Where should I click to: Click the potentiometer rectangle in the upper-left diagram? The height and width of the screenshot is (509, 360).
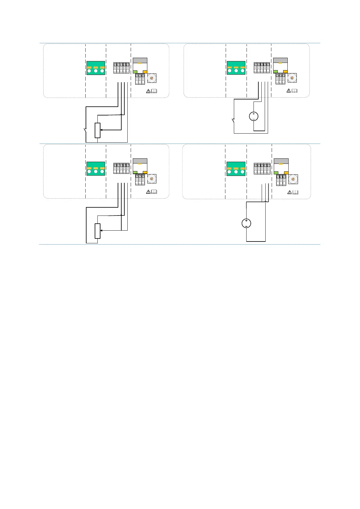97,130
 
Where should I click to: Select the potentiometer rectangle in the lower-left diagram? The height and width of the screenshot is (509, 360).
97,231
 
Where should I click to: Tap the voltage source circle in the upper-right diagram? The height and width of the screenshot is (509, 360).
254,116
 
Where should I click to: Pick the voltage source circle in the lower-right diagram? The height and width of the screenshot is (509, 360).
246,223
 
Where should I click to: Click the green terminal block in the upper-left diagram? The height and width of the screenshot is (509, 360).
96,68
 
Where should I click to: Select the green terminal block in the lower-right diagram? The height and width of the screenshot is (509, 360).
236,169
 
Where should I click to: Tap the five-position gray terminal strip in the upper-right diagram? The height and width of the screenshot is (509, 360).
262,68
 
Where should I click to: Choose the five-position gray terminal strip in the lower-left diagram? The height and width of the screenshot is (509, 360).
121,169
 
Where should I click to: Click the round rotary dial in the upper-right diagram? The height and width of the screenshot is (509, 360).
292,78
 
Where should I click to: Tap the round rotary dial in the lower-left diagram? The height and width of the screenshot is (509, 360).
152,179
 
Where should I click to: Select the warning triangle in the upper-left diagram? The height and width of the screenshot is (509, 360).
148,91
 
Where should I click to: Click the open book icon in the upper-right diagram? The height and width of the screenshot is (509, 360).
294,91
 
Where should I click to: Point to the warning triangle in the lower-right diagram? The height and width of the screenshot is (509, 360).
290,192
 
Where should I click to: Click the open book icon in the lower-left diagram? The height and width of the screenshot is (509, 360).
154,192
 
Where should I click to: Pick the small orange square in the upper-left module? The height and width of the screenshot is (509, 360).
145,72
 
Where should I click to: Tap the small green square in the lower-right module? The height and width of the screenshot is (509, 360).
276,173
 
